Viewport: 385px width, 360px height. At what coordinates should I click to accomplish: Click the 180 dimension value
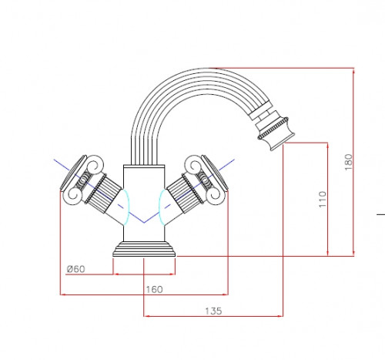point(348,163)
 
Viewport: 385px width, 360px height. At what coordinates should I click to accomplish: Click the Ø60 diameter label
point(75,268)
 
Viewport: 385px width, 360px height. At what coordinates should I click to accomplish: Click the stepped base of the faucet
point(146,249)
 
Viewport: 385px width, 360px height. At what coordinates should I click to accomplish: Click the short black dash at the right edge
point(380,214)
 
